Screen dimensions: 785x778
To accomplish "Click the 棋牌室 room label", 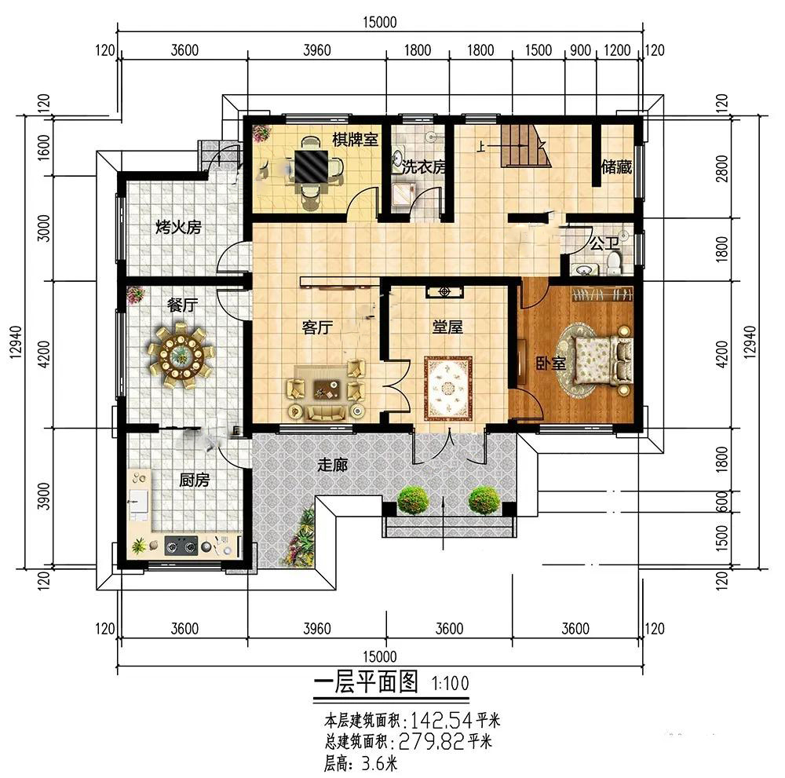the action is click(x=355, y=140).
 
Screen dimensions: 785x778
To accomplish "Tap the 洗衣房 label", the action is click(x=423, y=166).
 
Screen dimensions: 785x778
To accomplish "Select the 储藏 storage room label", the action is click(x=617, y=166).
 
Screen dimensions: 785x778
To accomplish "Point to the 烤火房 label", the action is click(x=178, y=228).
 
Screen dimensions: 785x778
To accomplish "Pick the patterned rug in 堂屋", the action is click(x=447, y=388).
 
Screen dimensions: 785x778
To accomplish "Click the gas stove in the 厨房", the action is click(x=181, y=545).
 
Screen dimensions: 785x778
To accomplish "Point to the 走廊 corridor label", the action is click(x=332, y=465).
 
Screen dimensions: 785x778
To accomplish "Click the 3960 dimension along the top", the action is click(x=317, y=50).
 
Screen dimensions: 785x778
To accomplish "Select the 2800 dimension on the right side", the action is click(x=721, y=169).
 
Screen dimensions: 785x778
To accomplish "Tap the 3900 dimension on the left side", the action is click(x=44, y=496).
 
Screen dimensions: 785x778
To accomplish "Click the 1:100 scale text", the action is click(x=450, y=683).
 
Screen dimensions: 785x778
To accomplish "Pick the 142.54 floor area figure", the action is click(x=441, y=721).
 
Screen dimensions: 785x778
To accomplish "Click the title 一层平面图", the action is click(x=366, y=681).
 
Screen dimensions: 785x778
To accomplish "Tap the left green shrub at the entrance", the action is click(x=413, y=499).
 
